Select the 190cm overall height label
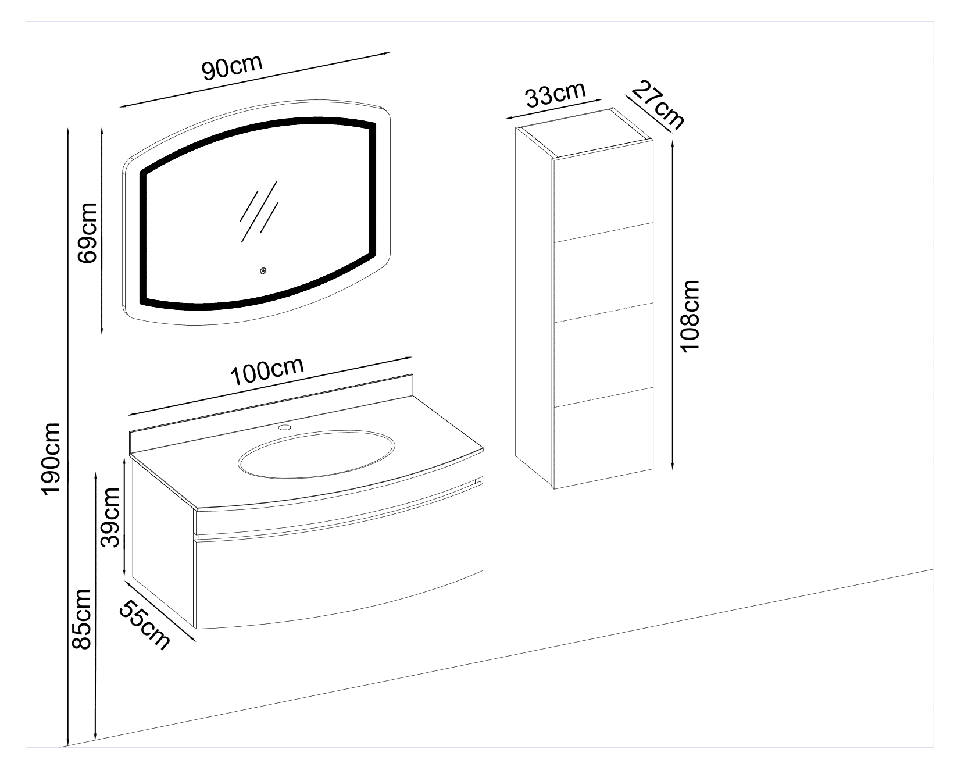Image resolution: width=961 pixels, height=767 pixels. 51,457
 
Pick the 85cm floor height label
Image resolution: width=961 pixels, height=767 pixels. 80,619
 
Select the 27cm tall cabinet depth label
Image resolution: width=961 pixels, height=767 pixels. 658,105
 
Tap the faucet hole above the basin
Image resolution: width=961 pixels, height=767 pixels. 284,428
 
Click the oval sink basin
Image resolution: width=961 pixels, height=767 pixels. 317,454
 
